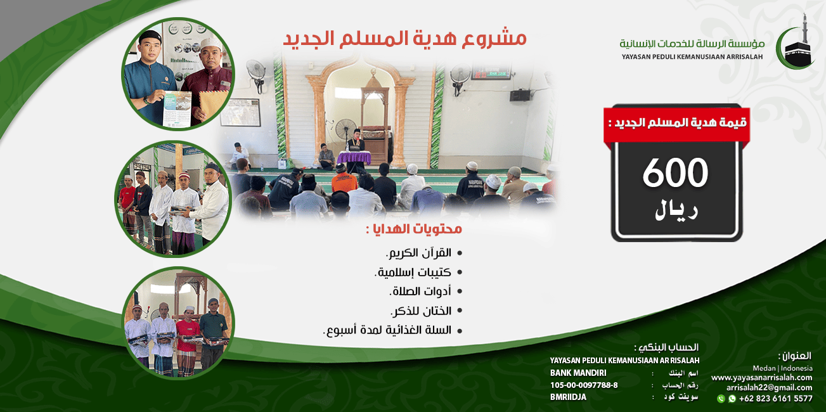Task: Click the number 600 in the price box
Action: pos(674,173)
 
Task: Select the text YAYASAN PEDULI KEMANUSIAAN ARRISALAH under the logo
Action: pos(693,57)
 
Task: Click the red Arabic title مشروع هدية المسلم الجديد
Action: pos(404,38)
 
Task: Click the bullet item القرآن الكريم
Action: pos(419,252)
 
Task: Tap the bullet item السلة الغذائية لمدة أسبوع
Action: pos(387,330)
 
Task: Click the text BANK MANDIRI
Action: pos(578,373)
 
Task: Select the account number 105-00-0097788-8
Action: pos(584,385)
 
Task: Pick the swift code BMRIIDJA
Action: pos(568,397)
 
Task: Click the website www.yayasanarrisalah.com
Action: pos(761,377)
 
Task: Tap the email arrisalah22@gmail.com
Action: pos(769,387)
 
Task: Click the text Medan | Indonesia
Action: pos(782,368)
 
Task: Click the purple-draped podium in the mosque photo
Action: pos(354,158)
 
